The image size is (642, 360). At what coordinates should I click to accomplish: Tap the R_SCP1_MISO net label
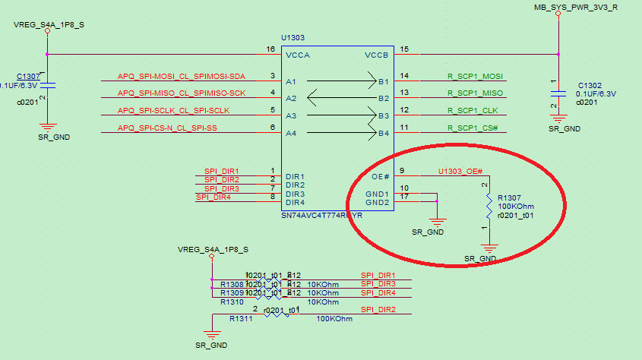474,93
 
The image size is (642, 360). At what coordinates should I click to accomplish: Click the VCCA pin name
297,56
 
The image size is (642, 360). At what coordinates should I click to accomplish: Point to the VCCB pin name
376,56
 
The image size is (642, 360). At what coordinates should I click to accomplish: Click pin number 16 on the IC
270,49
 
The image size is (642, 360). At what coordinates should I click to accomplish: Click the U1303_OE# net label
460,172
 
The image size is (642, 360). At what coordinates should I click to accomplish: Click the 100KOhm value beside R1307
516,207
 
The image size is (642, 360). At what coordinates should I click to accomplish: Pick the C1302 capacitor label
590,86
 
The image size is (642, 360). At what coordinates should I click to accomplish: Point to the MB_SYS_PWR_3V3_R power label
575,7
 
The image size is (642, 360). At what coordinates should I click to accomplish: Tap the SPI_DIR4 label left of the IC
213,197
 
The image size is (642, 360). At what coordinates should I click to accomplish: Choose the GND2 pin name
377,202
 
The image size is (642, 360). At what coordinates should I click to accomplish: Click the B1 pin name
383,81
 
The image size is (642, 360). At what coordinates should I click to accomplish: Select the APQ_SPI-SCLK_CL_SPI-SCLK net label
174,111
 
